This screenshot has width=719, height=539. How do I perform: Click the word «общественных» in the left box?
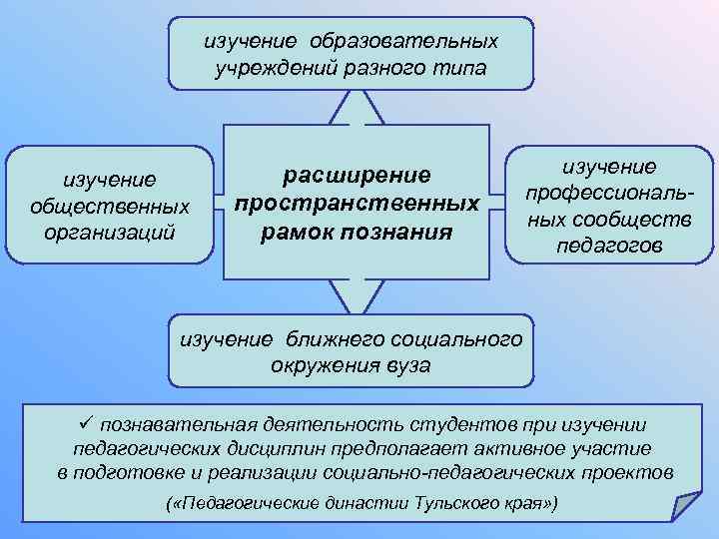(111, 207)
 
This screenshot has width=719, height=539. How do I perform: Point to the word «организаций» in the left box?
(111, 232)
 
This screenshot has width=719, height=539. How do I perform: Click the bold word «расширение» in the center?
(358, 175)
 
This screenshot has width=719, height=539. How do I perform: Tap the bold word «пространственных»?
(358, 204)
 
